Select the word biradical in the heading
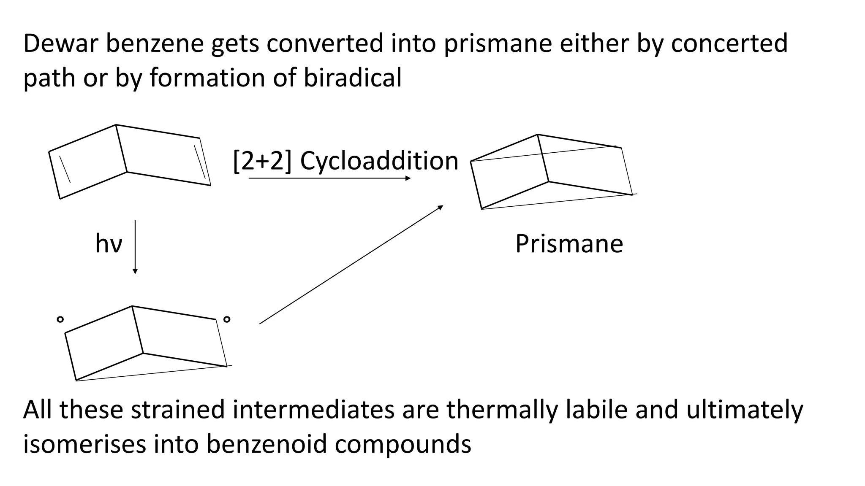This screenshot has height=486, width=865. pyautogui.click(x=353, y=78)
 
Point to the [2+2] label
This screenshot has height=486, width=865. pyautogui.click(x=262, y=161)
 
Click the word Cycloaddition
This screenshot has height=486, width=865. pyautogui.click(x=379, y=161)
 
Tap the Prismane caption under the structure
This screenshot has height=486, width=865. pyautogui.click(x=569, y=244)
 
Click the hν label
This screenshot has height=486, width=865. pyautogui.click(x=109, y=244)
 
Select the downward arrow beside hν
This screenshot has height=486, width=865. pyautogui.click(x=135, y=247)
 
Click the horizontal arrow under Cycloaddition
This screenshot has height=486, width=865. pyautogui.click(x=329, y=178)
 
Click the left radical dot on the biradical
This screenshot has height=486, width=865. pyautogui.click(x=60, y=319)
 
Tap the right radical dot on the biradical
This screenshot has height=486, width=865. pyautogui.click(x=227, y=319)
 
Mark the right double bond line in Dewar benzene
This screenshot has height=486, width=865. pyautogui.click(x=199, y=162)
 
